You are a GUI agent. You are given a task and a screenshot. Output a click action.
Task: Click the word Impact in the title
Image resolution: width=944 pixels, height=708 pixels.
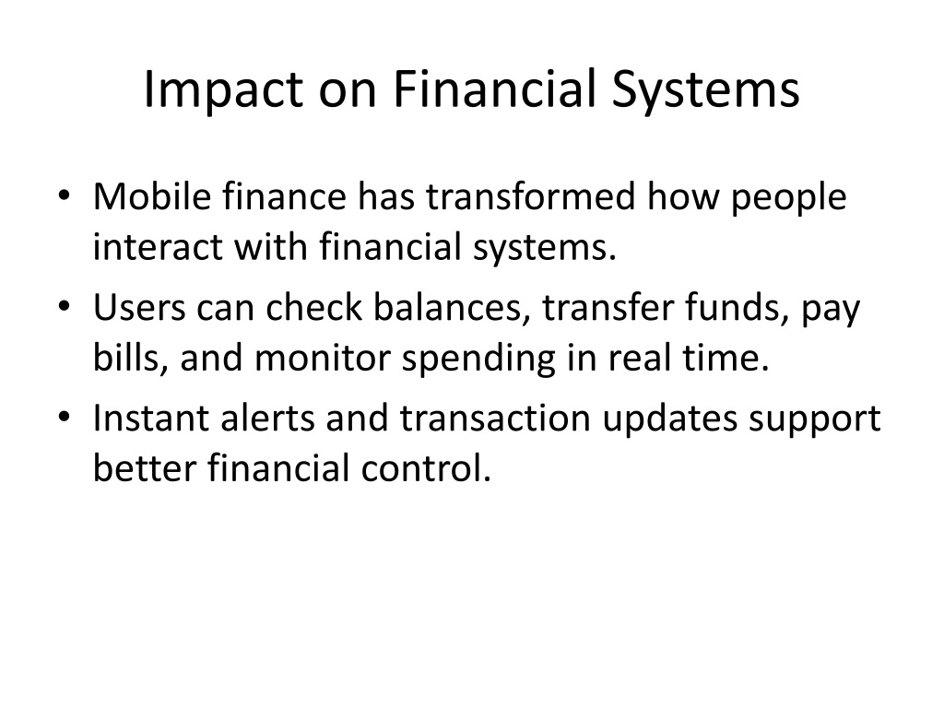click(223, 90)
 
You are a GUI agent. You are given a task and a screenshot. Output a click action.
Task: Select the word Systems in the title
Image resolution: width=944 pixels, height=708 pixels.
click(705, 90)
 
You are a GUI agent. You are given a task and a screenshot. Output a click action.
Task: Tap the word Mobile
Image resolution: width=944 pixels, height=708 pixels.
click(152, 196)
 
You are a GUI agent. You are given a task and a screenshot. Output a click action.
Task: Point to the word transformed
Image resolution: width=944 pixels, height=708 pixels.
click(531, 196)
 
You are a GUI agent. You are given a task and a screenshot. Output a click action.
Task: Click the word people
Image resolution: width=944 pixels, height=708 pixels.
click(789, 199)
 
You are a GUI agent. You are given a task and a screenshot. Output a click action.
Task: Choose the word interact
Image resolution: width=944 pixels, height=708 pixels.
click(158, 247)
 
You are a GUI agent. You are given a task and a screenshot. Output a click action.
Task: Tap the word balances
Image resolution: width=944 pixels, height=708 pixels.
click(448, 307)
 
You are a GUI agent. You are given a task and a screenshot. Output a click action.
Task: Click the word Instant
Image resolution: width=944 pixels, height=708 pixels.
click(151, 418)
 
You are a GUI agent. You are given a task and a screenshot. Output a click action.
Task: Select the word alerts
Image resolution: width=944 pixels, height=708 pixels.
click(267, 418)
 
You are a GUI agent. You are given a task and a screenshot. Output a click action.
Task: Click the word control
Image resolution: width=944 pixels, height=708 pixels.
click(426, 468)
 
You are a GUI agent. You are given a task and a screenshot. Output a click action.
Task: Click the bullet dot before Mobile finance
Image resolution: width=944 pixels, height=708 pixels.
click(65, 196)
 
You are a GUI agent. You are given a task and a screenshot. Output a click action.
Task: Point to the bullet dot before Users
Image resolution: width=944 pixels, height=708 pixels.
click(65, 307)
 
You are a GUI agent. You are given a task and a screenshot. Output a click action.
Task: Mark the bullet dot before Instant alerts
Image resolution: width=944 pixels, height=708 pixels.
click(65, 418)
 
